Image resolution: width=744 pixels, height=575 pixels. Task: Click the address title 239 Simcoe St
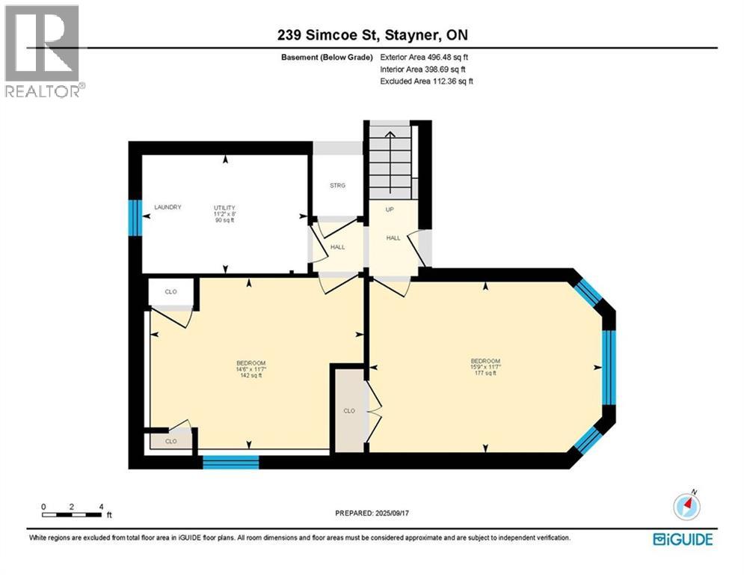click(x=372, y=35)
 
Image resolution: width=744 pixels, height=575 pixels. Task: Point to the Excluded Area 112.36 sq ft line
click(x=426, y=81)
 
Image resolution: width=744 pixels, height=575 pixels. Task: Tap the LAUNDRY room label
click(x=167, y=207)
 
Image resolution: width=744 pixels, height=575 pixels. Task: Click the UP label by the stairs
click(x=389, y=210)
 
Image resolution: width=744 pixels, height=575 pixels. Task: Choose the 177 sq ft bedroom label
click(x=485, y=367)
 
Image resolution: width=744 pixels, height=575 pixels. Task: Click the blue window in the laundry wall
click(x=135, y=218)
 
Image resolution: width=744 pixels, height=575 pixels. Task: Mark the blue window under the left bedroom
click(x=230, y=462)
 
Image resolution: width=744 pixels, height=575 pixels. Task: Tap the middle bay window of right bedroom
click(x=609, y=367)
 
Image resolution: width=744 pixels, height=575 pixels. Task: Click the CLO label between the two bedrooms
click(x=348, y=410)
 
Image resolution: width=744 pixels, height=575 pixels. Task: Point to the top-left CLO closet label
click(x=170, y=292)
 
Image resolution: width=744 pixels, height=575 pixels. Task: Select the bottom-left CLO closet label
click(x=170, y=442)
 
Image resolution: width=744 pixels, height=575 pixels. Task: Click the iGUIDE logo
click(x=682, y=538)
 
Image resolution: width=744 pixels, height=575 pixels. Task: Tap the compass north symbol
click(x=686, y=506)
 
